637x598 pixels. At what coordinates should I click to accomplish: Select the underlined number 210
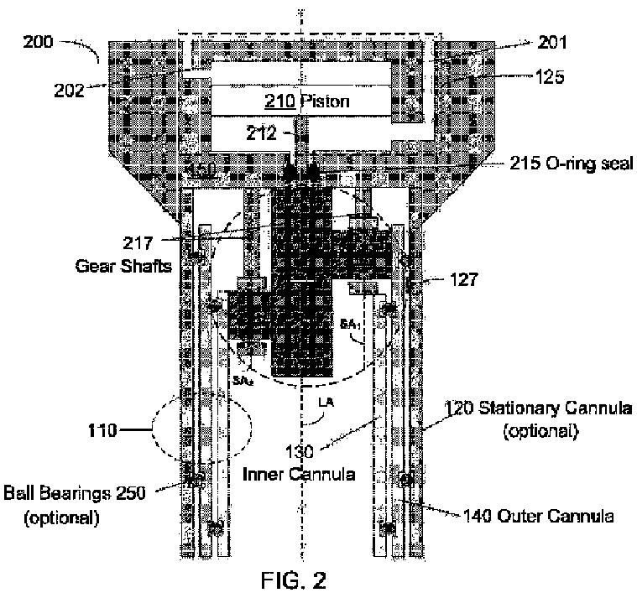click(277, 102)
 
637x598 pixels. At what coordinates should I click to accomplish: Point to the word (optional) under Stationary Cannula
click(544, 431)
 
